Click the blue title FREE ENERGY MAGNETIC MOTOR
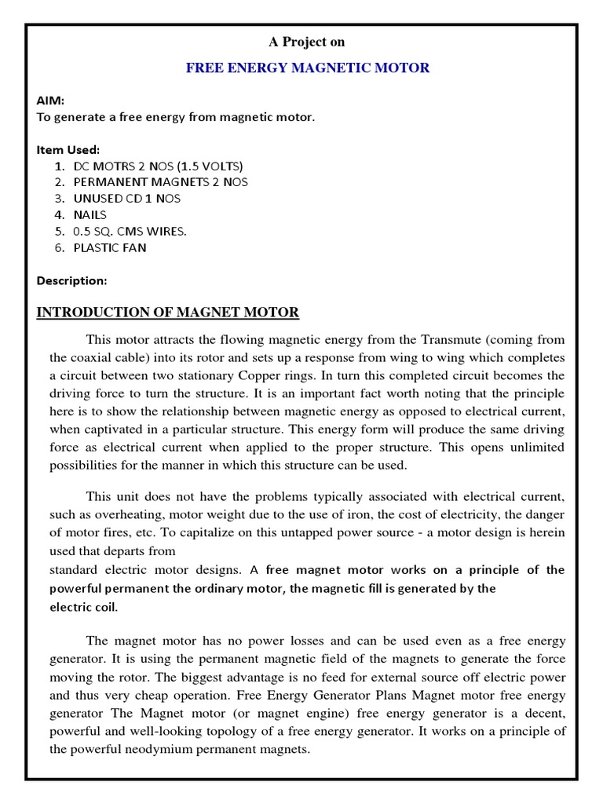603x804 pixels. pos(307,68)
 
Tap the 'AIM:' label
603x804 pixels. pos(50,101)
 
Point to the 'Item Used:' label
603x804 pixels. pos(68,149)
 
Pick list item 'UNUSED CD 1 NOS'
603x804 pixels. pos(126,199)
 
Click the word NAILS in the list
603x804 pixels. pos(90,215)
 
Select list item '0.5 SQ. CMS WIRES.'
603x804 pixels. pos(130,232)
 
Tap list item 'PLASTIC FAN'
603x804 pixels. pos(110,248)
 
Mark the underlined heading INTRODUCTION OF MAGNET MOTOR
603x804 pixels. pos(168,312)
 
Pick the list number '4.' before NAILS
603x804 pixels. pos(60,215)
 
